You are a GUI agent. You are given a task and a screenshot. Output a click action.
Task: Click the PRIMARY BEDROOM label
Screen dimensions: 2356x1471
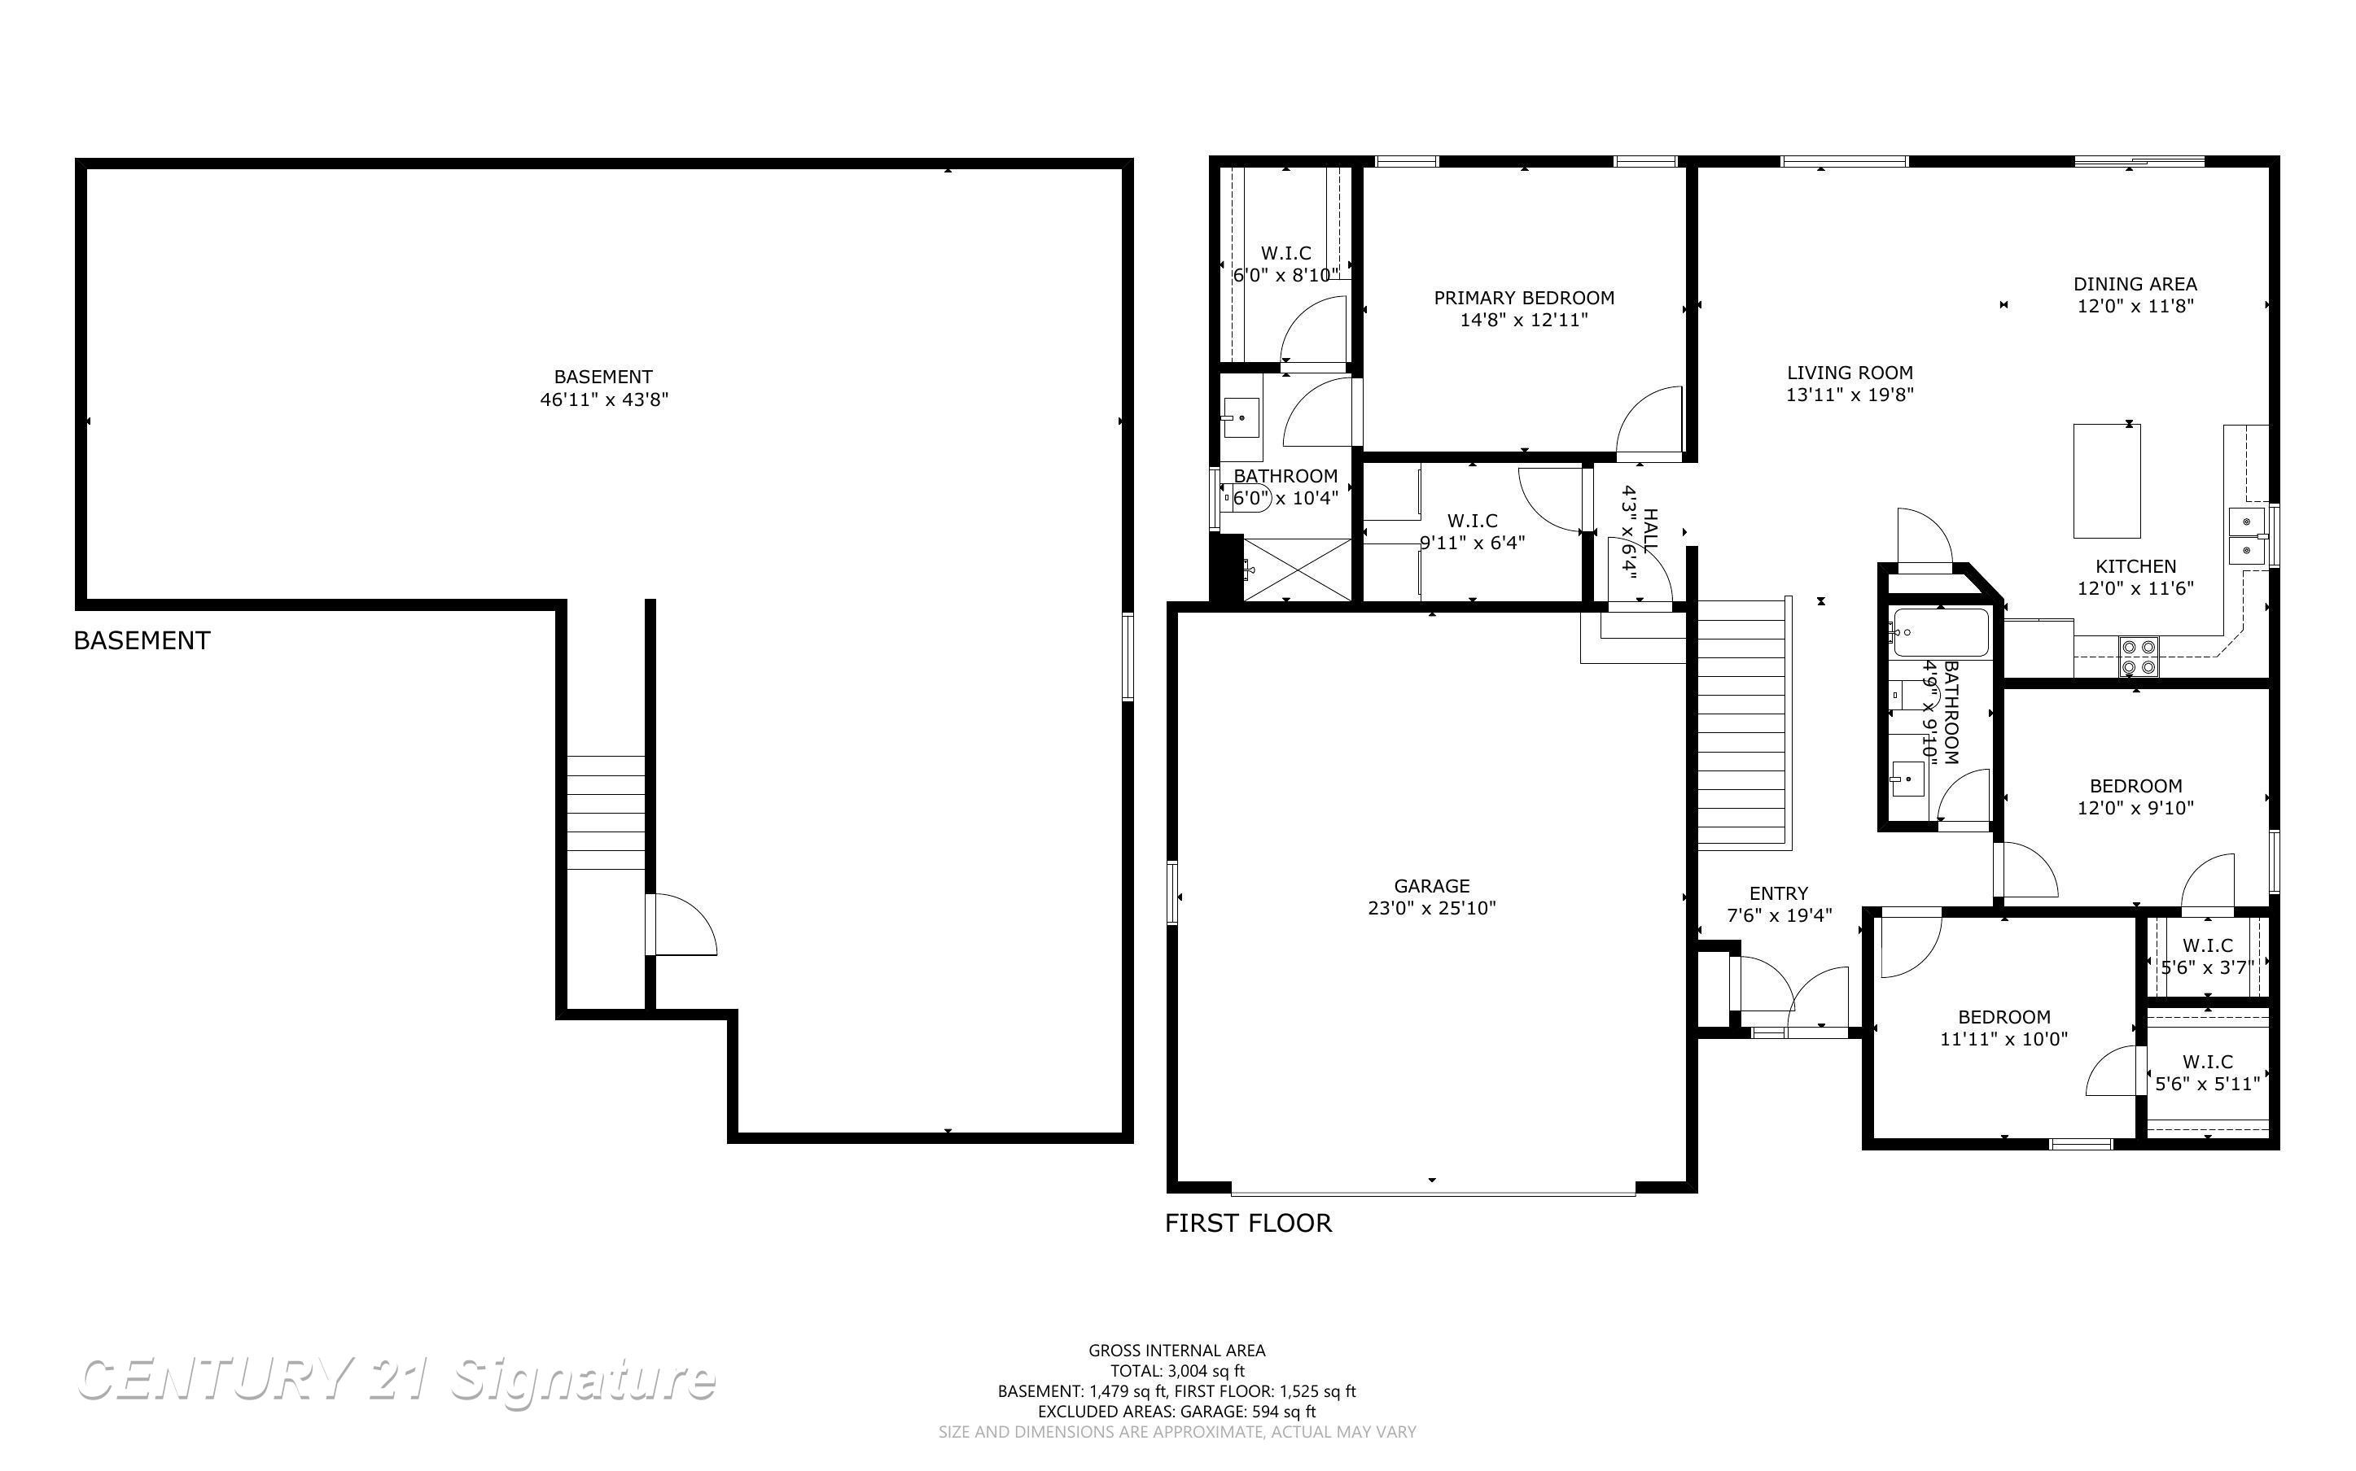1524,298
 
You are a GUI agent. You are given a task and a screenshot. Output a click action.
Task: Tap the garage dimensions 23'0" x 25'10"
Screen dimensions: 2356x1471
1431,908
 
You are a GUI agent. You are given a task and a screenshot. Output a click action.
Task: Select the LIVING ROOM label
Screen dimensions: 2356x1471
1850,373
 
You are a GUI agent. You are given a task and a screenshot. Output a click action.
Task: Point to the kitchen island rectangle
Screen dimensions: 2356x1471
2107,481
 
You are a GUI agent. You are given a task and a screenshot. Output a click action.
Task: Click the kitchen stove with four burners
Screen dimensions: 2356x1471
2138,656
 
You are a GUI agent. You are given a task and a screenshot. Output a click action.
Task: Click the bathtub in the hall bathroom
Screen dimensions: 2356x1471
1937,632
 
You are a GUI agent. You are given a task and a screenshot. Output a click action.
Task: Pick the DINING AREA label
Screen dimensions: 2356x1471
2135,284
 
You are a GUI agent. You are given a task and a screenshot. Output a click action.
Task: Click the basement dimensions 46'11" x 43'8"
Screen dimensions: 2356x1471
604,399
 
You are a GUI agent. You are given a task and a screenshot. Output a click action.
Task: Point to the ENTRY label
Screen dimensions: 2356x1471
1779,893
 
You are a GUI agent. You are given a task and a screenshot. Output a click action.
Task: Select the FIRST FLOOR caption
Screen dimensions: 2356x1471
1249,1223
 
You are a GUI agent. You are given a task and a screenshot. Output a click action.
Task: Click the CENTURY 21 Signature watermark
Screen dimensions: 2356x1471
397,1380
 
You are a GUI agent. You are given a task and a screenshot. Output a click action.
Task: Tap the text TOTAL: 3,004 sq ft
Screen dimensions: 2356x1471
1177,1371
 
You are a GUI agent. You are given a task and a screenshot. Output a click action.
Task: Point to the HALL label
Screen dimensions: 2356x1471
1650,526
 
